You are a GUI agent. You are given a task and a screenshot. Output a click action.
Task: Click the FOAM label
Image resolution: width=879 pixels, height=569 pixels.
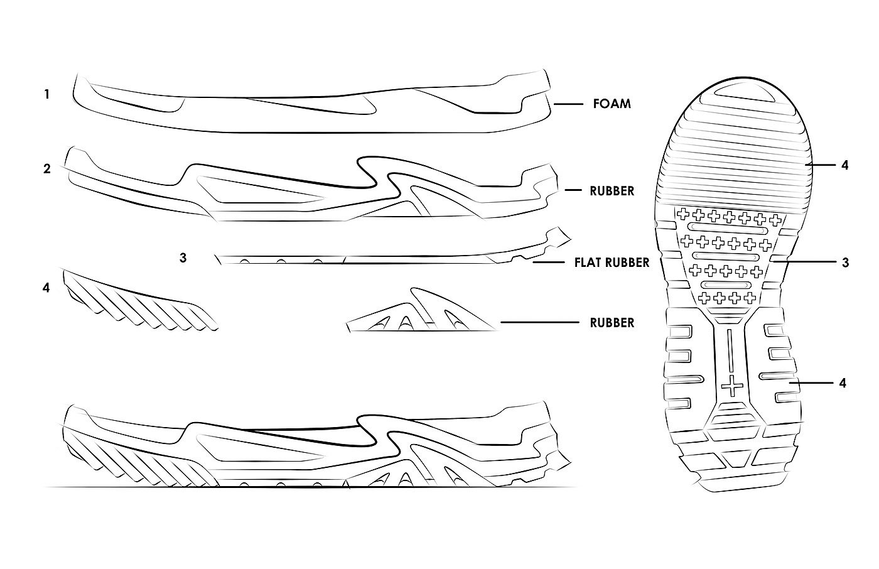point(612,104)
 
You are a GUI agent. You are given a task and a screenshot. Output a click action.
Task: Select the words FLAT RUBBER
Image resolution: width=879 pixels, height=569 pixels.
point(612,263)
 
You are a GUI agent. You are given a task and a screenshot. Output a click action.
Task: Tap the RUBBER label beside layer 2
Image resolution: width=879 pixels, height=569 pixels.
point(612,191)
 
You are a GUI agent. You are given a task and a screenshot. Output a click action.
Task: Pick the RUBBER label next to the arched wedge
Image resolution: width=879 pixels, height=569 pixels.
point(612,323)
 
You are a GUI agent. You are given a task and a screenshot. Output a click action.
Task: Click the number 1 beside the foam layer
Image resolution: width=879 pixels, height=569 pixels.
point(46,95)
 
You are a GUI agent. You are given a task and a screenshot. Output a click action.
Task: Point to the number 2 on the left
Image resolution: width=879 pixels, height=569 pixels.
point(46,169)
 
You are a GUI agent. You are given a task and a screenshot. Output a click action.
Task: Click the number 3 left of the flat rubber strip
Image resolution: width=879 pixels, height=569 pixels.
point(183,257)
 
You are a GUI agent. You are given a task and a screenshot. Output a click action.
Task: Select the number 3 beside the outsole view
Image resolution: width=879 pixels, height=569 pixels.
point(845,263)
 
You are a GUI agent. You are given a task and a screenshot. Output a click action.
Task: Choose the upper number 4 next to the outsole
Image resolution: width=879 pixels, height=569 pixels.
point(844,165)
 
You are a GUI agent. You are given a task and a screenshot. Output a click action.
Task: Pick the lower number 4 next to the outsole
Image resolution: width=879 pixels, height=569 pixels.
point(843,382)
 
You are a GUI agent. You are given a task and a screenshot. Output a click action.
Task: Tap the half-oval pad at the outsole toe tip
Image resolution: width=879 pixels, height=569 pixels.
point(743,90)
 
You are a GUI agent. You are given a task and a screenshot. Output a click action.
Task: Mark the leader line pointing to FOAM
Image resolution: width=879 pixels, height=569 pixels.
point(569,104)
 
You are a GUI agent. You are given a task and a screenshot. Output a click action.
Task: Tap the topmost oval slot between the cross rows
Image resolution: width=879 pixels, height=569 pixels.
point(728,226)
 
